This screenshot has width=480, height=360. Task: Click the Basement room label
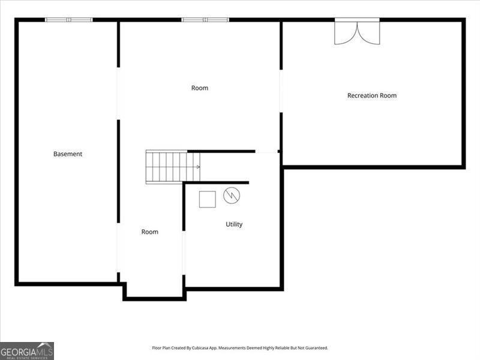point(68,154)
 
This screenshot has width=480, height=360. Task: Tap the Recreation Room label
point(372,95)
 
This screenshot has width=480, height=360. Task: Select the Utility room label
point(234,224)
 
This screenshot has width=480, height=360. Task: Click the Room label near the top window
point(200,88)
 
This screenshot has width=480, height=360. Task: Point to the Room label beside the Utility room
point(149,232)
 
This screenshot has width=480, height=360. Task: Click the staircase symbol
point(173,167)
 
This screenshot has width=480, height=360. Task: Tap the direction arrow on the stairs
point(198,167)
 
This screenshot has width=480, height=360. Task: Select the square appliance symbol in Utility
point(207,199)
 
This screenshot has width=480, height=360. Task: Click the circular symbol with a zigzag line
point(232,196)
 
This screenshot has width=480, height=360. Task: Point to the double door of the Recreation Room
point(357,31)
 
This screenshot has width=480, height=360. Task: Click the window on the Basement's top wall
point(69,20)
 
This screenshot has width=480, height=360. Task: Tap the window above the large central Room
point(205,20)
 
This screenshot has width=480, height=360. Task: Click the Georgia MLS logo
point(27,351)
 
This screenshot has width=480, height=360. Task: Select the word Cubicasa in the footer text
point(200,348)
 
